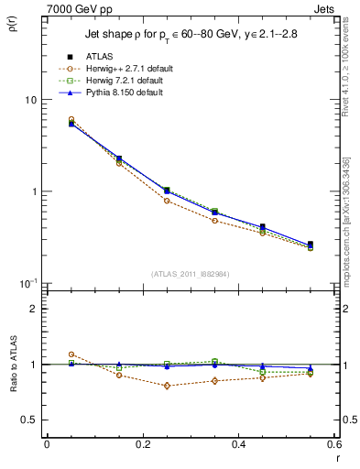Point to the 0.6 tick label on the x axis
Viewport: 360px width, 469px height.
pyautogui.click(x=333, y=444)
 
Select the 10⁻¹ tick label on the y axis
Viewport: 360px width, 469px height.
pyautogui.click(x=27, y=282)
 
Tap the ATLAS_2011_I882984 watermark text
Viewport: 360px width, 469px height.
pyautogui.click(x=191, y=274)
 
